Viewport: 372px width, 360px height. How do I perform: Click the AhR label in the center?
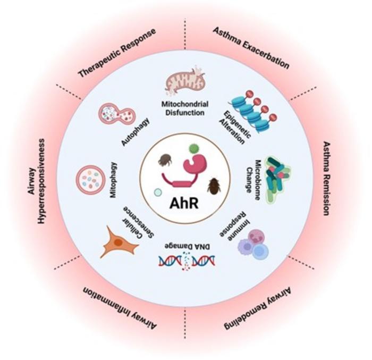coord(184,203)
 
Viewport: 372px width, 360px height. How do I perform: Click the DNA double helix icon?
coord(187,261)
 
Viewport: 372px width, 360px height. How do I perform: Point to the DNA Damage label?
coord(185,243)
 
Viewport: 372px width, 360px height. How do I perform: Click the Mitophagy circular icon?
coord(90,179)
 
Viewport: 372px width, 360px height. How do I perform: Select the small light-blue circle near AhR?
coord(158,192)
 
